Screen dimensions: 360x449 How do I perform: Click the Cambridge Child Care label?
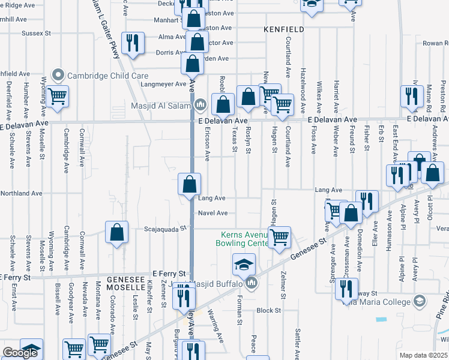point(107,76)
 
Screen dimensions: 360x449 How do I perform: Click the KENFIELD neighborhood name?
point(283,29)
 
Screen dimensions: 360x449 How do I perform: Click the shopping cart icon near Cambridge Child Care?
point(56,96)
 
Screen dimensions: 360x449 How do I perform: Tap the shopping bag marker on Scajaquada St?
point(117,232)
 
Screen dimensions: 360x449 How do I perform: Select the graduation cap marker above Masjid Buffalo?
point(244,264)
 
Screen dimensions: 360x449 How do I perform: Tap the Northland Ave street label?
point(21,194)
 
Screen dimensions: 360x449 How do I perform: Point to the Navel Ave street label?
point(213,213)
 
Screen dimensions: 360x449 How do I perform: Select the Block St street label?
point(268,310)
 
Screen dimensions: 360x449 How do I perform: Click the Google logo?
point(20,353)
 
